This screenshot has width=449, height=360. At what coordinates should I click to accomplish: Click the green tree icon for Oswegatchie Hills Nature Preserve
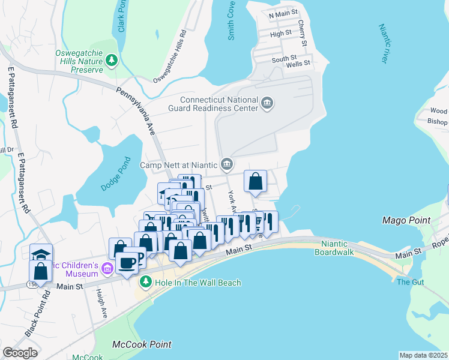[111, 61]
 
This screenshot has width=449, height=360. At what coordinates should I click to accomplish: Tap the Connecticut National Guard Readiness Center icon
[268, 104]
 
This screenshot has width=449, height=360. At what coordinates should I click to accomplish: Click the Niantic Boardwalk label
[339, 248]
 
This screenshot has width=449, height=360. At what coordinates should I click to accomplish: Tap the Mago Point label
[406, 220]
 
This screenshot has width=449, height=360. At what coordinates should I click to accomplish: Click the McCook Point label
[142, 344]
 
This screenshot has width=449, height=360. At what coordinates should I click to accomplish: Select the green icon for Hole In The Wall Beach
[145, 282]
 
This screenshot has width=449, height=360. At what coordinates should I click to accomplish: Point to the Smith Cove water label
[231, 28]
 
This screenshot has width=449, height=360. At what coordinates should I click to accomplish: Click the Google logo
[20, 353]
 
